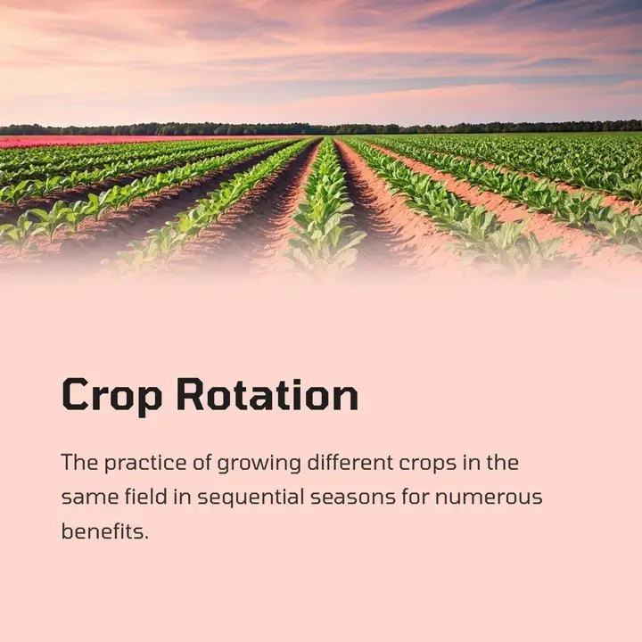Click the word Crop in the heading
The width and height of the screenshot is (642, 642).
(111, 396)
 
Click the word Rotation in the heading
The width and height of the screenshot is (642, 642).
(267, 394)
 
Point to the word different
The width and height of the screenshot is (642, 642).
(350, 462)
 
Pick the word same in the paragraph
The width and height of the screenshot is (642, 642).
(90, 498)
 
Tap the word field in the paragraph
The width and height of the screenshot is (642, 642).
(146, 497)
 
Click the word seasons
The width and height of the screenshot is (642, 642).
(353, 498)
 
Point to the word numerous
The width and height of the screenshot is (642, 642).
(489, 498)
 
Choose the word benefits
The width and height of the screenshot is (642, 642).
(103, 531)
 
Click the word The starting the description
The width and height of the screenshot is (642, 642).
(80, 462)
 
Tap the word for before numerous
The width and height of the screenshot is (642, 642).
(416, 497)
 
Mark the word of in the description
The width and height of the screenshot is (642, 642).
(202, 462)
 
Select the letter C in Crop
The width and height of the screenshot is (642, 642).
(75, 394)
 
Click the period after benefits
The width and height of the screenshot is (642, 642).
(146, 538)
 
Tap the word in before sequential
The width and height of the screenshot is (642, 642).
(183, 497)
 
